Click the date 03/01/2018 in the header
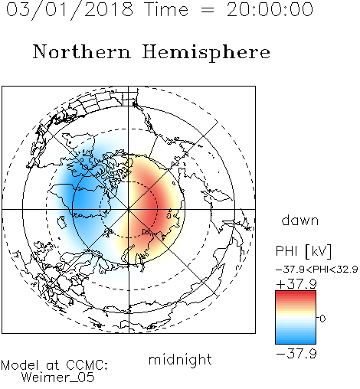coord(70,10)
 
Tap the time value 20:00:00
coord(270,10)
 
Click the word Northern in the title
coord(82,51)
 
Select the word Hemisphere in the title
coord(206,53)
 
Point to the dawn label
coord(300,220)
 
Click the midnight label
coord(180,360)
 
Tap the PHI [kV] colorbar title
coord(303,251)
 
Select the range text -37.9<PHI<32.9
coord(317,270)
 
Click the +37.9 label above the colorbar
coord(296,284)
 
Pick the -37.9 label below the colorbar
coord(296,354)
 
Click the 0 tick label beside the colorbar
coord(322,319)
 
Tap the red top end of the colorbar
coord(296,293)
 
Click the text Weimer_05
coord(58,378)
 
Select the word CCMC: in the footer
coord(87,365)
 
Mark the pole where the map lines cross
coord(129,209)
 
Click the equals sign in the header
coord(207,10)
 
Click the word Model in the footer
coord(20,365)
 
